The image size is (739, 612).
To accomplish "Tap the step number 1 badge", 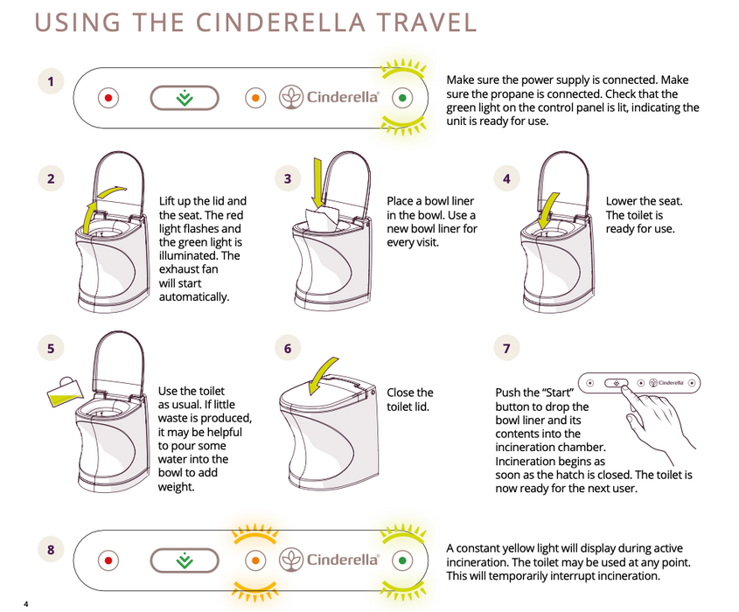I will (51, 82).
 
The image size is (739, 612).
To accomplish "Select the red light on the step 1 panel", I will (108, 98).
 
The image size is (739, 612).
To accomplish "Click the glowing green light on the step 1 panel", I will (401, 98).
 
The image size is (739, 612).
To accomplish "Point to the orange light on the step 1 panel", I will (254, 98).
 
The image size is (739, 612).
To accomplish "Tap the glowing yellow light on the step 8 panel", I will (254, 560).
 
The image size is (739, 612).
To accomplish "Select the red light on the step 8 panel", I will (108, 560).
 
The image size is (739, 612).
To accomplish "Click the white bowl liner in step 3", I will (324, 219).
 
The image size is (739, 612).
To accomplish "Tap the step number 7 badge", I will (506, 348).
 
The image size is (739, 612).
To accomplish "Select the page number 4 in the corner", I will (26, 604).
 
